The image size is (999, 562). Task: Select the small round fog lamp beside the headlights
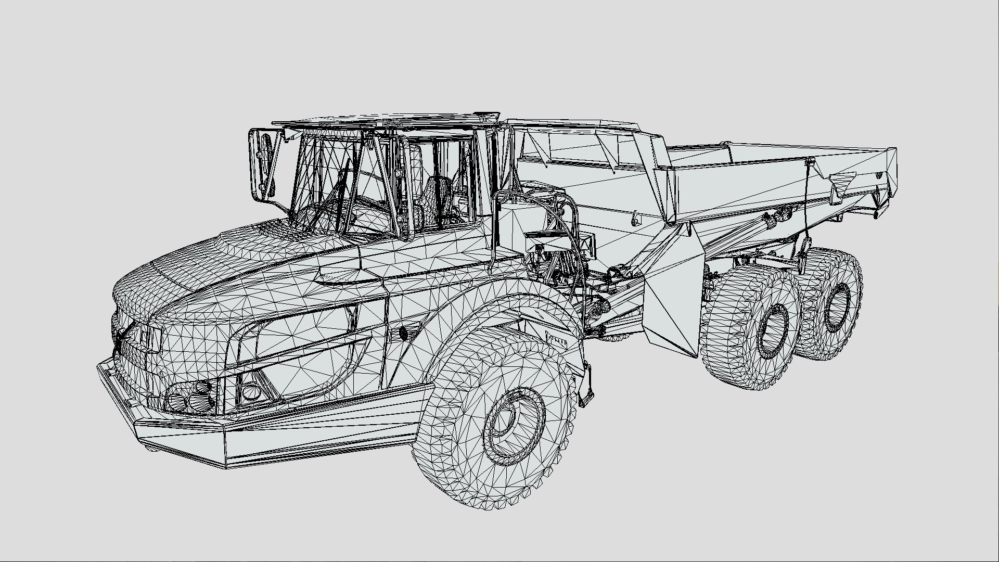click(x=250, y=390)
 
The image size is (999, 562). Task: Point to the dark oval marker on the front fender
click(x=403, y=334)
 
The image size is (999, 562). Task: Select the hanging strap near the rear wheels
click(x=806, y=229)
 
